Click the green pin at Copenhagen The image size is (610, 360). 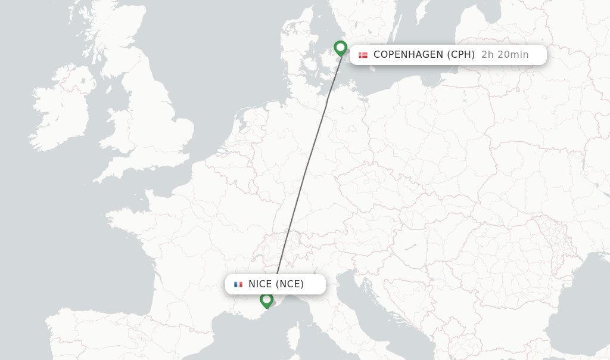pyautogui.click(x=340, y=48)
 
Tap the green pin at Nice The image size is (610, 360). pyautogui.click(x=266, y=299)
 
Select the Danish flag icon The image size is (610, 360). pyautogui.click(x=363, y=55)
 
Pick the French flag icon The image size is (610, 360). pyautogui.click(x=238, y=284)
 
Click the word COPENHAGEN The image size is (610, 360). pyautogui.click(x=408, y=55)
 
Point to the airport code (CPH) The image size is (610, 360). pyautogui.click(x=461, y=55)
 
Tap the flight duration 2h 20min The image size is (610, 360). pyautogui.click(x=505, y=55)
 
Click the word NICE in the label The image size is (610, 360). pyautogui.click(x=260, y=284)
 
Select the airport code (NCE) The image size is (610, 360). pyautogui.click(x=290, y=284)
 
